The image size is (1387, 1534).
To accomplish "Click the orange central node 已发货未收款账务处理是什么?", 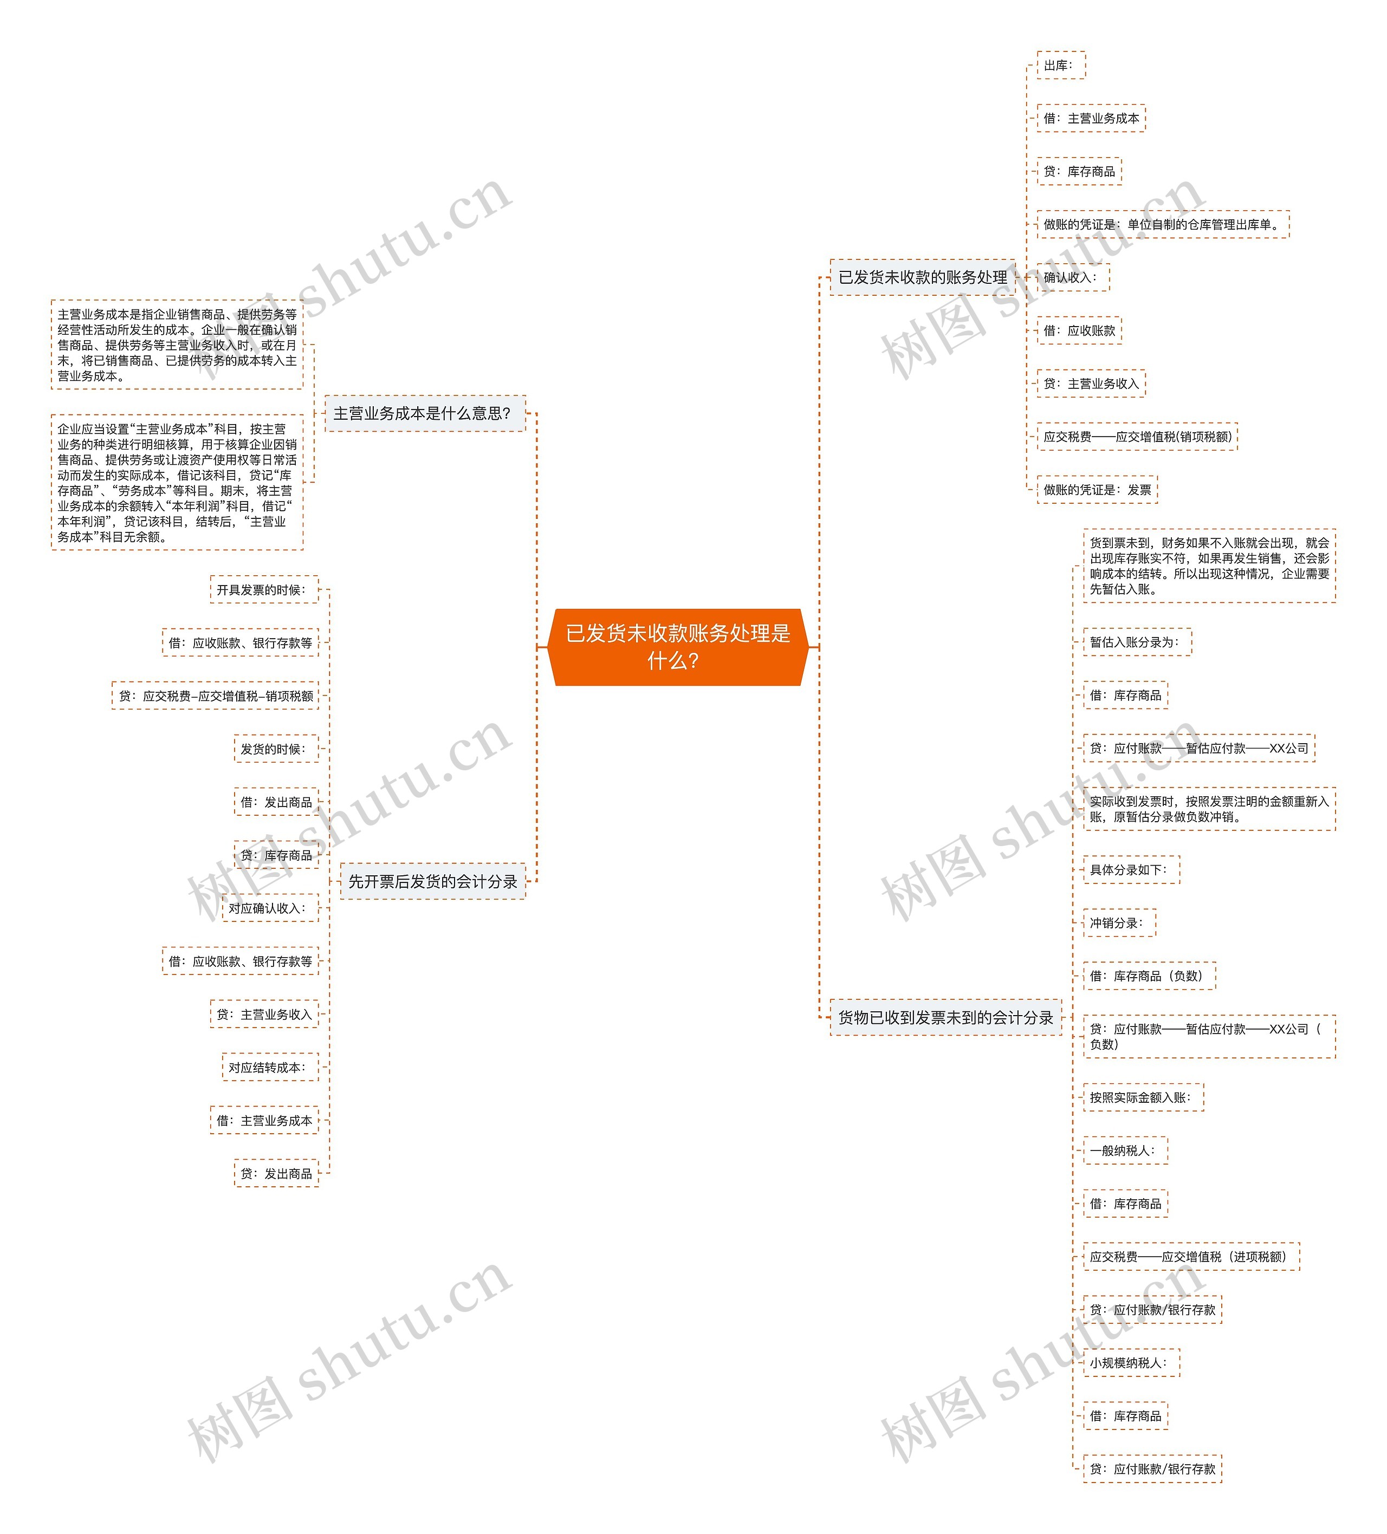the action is [677, 647].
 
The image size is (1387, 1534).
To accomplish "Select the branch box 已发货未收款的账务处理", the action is [922, 277].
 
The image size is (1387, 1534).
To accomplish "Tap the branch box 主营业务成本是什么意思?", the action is [424, 413].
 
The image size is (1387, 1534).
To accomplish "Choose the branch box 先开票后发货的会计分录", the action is [432, 881].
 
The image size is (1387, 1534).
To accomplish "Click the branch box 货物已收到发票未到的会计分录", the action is [945, 1017].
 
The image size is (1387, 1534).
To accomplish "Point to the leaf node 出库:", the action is [1060, 66].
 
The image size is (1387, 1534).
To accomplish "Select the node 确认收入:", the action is [1072, 277].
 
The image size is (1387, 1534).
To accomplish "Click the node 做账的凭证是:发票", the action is [1096, 489].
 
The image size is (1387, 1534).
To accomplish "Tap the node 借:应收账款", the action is [1079, 330].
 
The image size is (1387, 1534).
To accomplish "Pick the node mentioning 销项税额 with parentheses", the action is [1137, 437].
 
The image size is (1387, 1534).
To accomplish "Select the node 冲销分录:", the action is [1118, 923].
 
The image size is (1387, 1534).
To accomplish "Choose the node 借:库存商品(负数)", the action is [1149, 976].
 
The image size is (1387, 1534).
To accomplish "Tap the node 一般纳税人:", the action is [1124, 1150].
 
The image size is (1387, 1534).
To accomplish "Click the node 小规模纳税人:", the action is [1130, 1363].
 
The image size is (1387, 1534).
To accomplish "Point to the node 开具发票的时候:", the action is [263, 590].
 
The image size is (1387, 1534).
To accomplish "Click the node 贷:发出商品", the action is [276, 1173].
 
